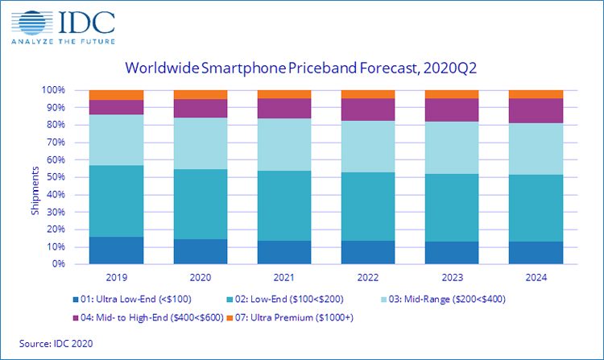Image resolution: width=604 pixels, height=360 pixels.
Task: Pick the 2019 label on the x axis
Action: (x=116, y=277)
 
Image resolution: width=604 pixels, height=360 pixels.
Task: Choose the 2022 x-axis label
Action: (x=368, y=277)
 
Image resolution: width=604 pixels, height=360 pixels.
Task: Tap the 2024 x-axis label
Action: (x=536, y=277)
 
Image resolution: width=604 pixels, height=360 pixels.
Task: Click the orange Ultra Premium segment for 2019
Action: (x=116, y=95)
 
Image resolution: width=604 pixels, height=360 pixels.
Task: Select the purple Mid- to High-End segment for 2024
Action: (x=536, y=110)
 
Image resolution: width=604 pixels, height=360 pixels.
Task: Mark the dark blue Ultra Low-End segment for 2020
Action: (x=200, y=251)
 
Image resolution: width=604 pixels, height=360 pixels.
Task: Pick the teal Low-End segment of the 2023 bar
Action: (x=452, y=208)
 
